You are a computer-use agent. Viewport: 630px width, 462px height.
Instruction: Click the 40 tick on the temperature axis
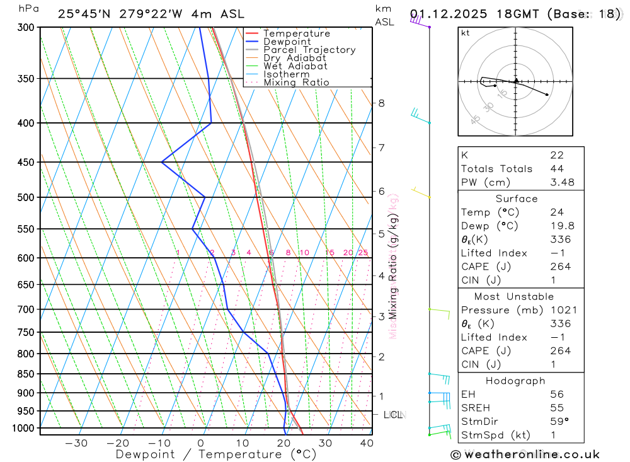pos(366,443)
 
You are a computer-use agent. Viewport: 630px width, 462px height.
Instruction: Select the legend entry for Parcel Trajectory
pos(309,50)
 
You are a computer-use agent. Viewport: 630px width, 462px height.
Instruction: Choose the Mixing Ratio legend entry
pos(296,83)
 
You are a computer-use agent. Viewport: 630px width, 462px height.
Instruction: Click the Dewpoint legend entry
pos(287,42)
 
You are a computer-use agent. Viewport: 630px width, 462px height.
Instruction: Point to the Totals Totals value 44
pos(557,169)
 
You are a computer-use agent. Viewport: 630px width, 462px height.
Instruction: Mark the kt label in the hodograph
pos(466,33)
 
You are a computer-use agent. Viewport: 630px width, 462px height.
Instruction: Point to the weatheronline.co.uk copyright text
pos(525,454)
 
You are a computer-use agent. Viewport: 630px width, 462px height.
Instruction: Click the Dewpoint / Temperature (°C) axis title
pos(215,454)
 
